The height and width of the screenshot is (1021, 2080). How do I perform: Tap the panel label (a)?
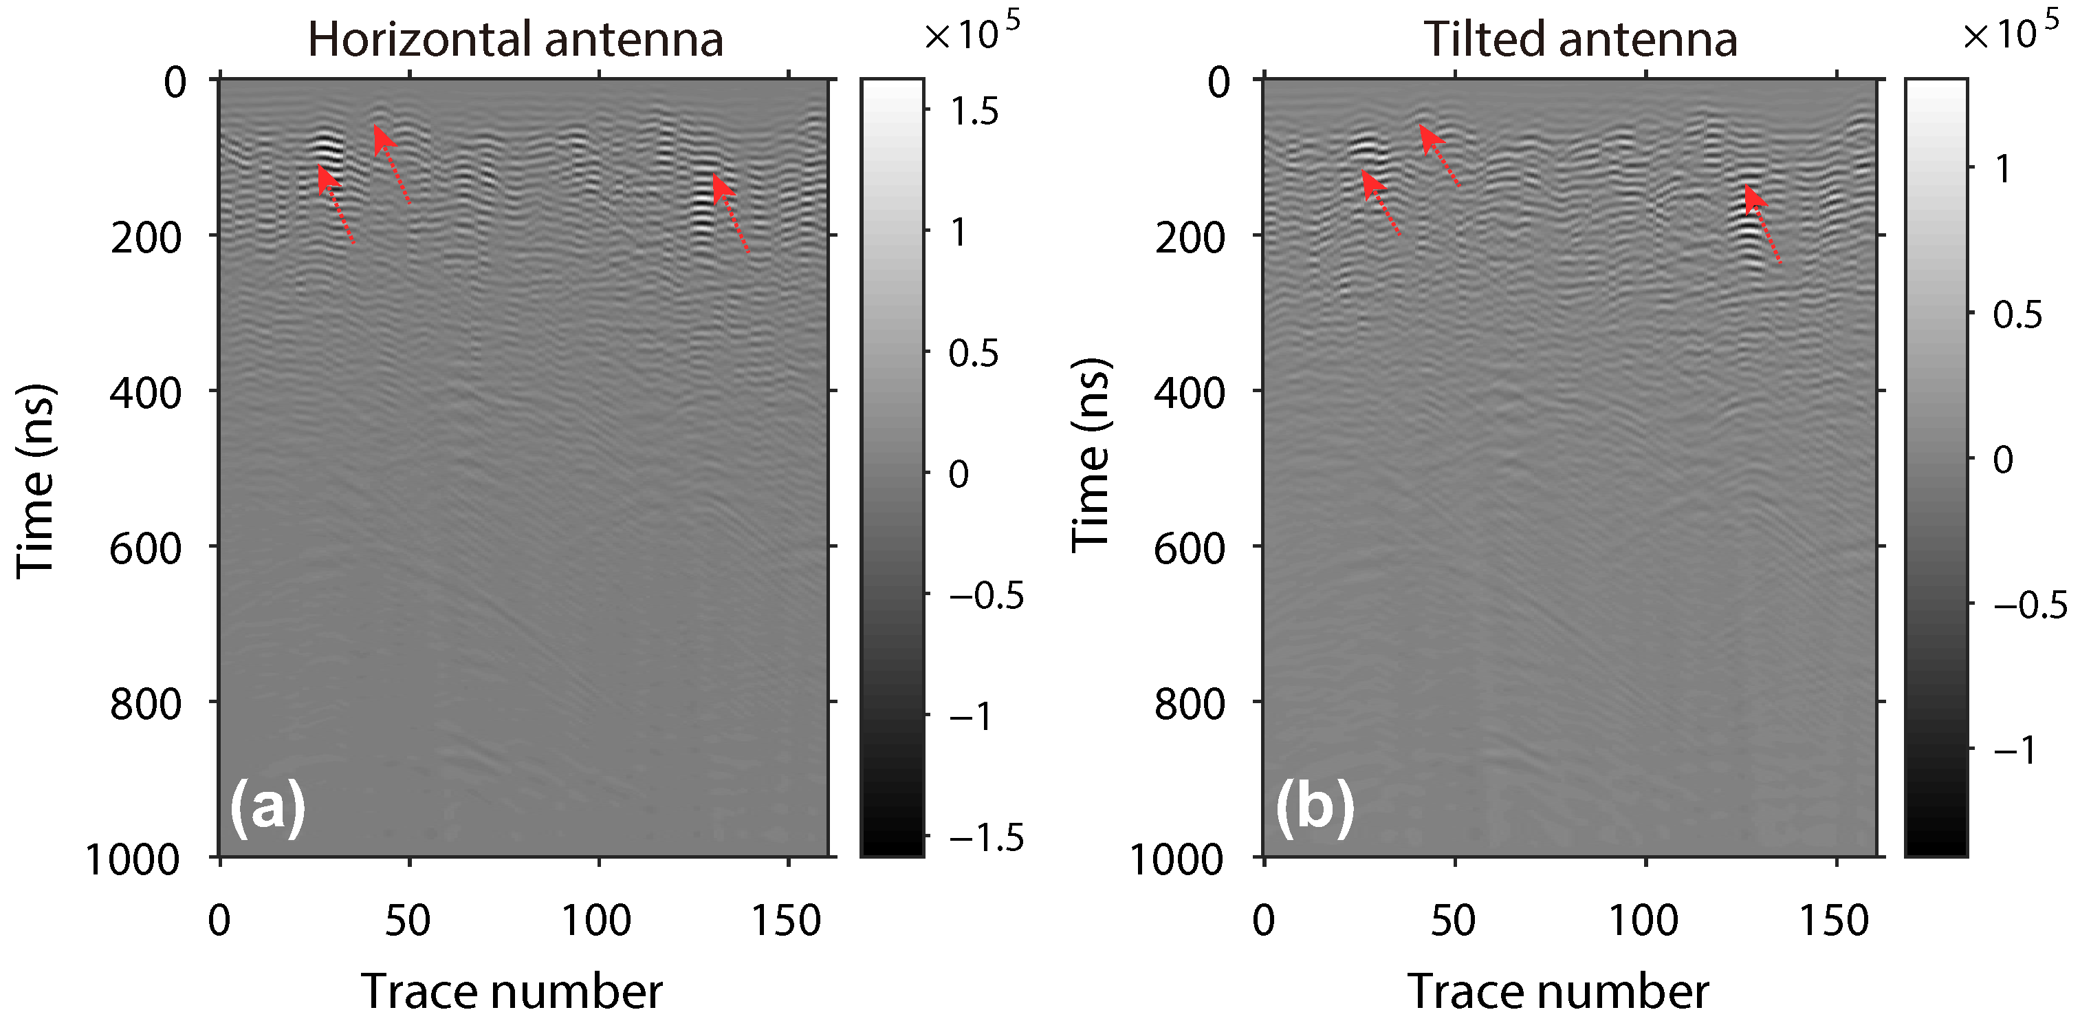[267, 806]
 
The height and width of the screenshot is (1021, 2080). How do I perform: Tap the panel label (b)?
[1314, 806]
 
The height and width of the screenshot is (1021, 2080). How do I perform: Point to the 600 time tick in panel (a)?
[145, 548]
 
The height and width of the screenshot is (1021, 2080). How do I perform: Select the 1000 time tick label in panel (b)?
[1177, 859]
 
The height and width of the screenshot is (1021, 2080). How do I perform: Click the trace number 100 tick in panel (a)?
[596, 920]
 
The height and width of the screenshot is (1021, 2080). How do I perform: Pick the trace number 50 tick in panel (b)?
[1454, 920]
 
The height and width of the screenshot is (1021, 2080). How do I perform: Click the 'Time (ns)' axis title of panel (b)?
[1092, 456]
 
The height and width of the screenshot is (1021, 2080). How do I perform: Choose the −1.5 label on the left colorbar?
[985, 837]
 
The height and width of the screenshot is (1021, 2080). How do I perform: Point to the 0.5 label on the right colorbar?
[2017, 314]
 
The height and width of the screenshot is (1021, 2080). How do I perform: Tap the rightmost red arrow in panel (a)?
[731, 213]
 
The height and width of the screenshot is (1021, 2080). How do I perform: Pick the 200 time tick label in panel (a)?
[145, 237]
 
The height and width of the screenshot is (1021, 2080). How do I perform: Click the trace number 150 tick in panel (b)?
[1835, 920]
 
